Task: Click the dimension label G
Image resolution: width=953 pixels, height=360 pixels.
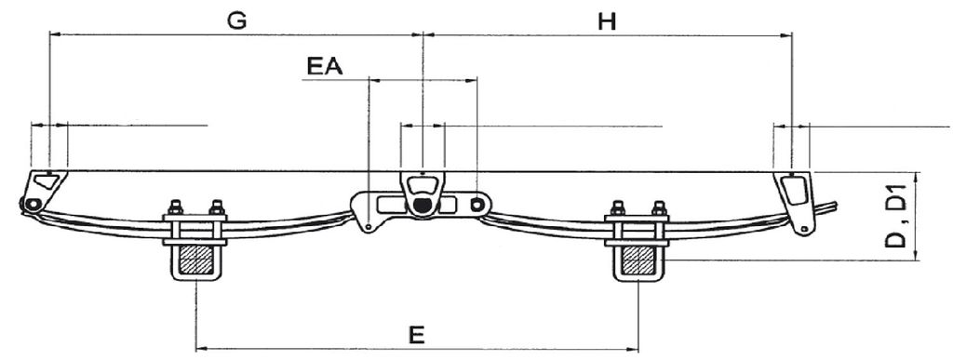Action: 236,20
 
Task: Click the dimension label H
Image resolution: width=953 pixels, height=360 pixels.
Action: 607,21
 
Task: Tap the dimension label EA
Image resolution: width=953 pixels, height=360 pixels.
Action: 325,65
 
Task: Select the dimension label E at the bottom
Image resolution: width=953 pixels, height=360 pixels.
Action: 416,335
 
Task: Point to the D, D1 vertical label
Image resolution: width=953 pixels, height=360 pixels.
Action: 895,216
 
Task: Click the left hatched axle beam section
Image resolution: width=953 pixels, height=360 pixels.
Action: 195,260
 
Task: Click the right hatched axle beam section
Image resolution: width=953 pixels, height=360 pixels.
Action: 638,260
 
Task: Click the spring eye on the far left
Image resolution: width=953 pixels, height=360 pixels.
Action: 33,204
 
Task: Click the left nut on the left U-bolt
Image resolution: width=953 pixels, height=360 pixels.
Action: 175,207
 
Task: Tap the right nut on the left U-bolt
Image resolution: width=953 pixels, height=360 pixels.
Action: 217,207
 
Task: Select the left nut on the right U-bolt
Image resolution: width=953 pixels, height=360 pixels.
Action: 617,207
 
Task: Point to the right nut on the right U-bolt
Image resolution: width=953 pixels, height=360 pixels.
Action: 659,207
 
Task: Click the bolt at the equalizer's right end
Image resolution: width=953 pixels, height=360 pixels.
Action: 477,204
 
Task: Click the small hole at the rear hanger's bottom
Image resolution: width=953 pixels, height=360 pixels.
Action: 804,229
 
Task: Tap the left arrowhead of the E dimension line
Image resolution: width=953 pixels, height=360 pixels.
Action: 201,349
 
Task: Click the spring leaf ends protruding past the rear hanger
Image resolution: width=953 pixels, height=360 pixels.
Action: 825,208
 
